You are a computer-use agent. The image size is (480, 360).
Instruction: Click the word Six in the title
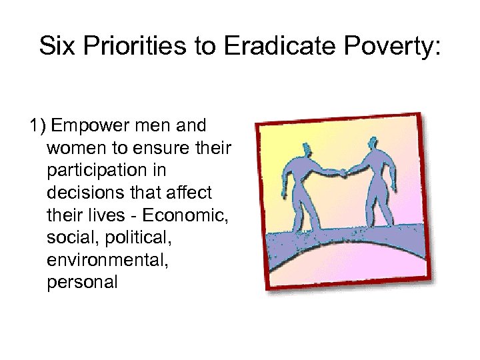tap(55, 46)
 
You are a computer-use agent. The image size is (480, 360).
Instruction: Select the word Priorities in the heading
tap(127, 46)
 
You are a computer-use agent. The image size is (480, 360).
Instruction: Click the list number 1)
tap(37, 125)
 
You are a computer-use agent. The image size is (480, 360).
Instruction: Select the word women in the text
tap(75, 147)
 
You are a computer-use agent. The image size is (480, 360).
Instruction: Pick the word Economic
tap(189, 215)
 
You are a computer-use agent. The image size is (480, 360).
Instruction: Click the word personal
tap(82, 283)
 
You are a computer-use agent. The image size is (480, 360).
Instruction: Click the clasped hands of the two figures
tap(342, 173)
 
